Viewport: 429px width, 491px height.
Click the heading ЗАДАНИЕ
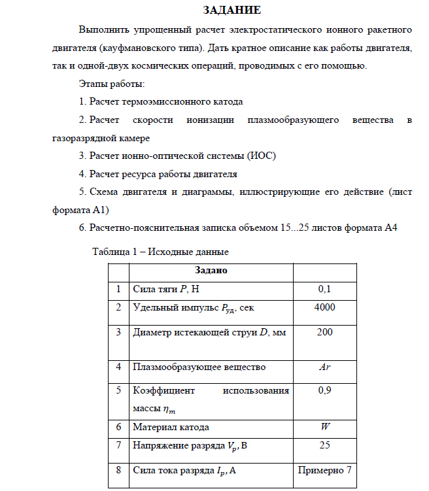click(x=232, y=10)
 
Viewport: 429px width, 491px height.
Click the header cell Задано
click(x=211, y=269)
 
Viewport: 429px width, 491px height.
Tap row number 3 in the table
click(x=118, y=332)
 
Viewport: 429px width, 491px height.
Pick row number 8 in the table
click(x=118, y=469)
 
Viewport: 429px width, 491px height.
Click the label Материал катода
click(x=171, y=427)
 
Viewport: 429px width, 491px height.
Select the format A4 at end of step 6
click(x=390, y=228)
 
